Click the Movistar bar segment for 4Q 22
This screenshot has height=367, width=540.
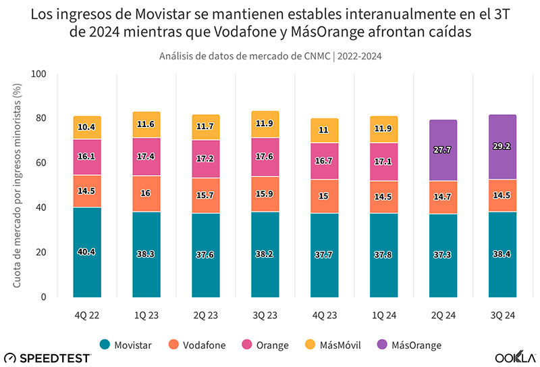(87, 251)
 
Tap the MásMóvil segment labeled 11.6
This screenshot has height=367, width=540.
(146, 124)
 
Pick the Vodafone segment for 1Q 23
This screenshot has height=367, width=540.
(146, 193)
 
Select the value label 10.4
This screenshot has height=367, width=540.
(87, 127)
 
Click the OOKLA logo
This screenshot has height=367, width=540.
(515, 356)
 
